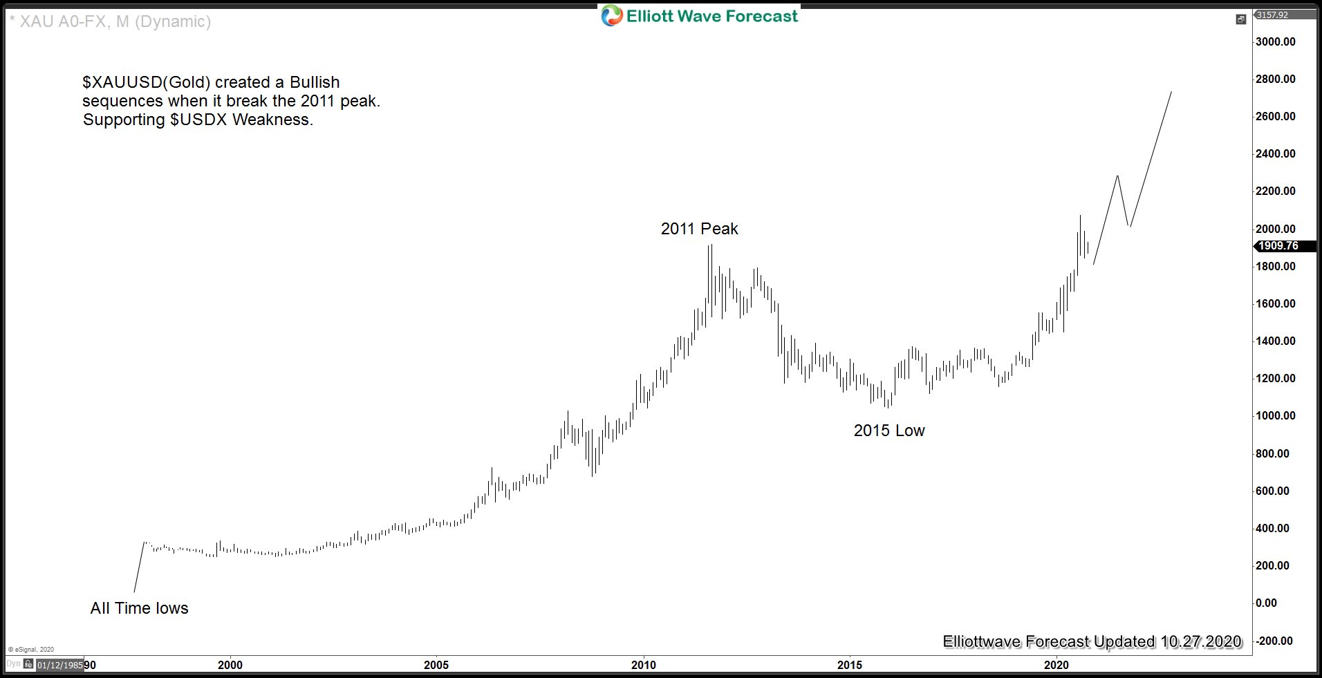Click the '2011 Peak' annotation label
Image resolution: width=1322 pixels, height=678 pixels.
point(699,229)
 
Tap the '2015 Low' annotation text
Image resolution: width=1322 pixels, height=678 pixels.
point(888,431)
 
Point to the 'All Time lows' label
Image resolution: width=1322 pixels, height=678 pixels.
point(139,608)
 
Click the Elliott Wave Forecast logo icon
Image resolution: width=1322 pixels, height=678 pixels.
point(612,15)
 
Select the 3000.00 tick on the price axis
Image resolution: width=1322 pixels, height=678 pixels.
point(1275,41)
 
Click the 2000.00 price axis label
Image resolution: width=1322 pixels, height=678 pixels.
point(1275,229)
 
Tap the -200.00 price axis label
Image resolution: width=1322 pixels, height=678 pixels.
point(1275,641)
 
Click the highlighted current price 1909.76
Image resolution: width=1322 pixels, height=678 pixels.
point(1278,246)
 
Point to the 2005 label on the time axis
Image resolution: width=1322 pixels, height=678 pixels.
point(436,665)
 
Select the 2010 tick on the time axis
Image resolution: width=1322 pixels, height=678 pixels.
point(643,665)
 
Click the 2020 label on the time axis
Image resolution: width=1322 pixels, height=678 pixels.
point(1056,665)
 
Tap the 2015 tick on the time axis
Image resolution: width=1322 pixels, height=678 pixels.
point(850,665)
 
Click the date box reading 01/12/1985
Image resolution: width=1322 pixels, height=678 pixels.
point(59,665)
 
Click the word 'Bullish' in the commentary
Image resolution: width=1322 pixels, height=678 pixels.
point(315,82)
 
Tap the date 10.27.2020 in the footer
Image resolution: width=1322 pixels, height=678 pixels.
point(1201,641)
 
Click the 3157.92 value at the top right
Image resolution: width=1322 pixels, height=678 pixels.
point(1272,15)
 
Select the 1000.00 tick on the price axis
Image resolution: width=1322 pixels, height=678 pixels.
point(1275,415)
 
